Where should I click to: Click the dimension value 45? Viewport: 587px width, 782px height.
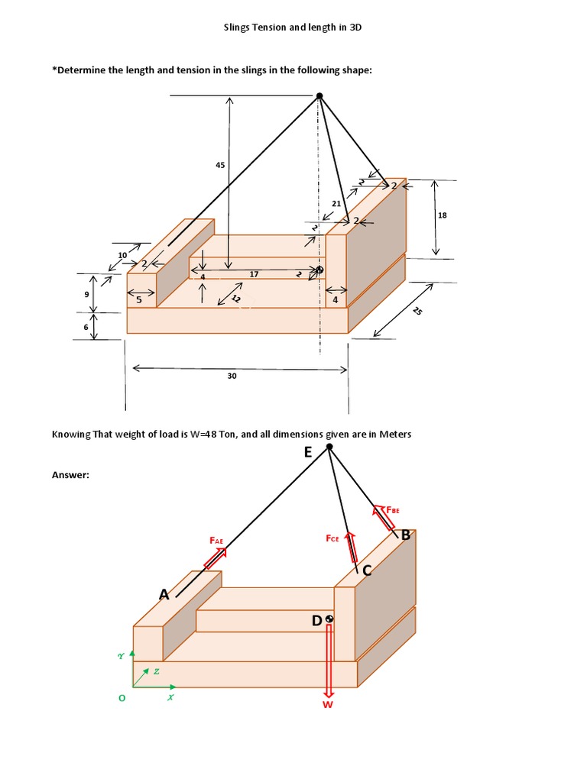[x=220, y=165]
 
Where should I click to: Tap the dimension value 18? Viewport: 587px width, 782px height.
[x=442, y=216]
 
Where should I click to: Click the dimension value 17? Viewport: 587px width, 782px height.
[x=254, y=273]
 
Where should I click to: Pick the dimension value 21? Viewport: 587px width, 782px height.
[x=336, y=203]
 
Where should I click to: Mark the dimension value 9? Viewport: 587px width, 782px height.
[x=86, y=294]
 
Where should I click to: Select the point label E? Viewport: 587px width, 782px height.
[x=307, y=452]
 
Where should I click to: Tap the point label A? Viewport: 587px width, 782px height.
[x=163, y=595]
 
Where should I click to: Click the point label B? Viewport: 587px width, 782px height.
[x=406, y=535]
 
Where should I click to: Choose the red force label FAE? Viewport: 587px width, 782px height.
[x=216, y=541]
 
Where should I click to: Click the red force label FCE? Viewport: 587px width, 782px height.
[x=332, y=538]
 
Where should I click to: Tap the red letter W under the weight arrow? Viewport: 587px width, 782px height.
[x=328, y=704]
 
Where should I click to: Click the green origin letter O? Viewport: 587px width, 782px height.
[x=121, y=698]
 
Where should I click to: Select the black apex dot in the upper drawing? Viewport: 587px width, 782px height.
[x=319, y=95]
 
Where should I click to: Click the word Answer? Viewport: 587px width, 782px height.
[x=70, y=475]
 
